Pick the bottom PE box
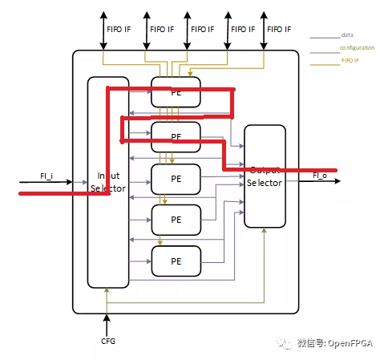point(176,261)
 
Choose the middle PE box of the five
point(176,177)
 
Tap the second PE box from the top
point(176,136)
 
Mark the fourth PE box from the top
point(176,219)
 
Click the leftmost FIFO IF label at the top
point(119,28)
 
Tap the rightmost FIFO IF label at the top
point(279,28)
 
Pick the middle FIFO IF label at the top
point(200,28)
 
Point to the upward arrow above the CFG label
point(106,322)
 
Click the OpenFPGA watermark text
point(335,343)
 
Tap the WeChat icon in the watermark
point(285,343)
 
